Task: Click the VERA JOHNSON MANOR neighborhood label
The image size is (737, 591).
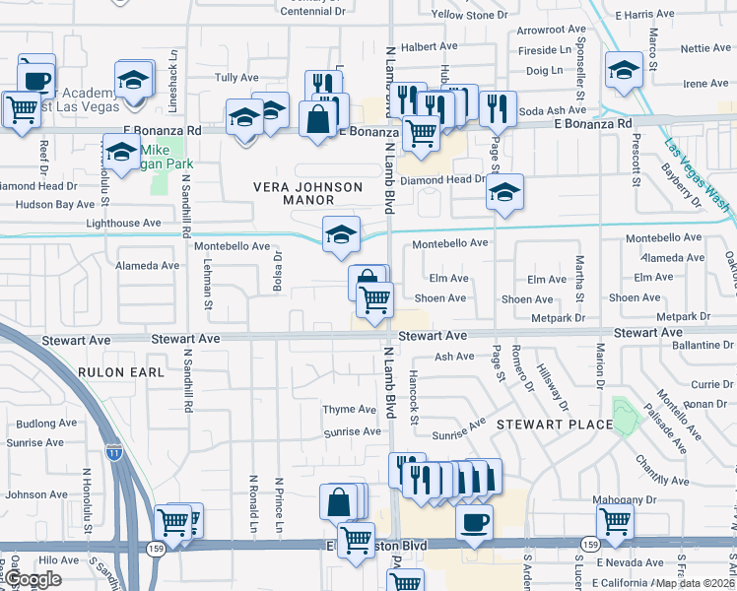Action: tap(308, 193)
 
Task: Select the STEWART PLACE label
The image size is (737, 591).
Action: tap(554, 425)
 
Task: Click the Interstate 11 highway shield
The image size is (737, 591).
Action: tap(114, 451)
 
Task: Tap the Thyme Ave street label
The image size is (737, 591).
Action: tap(350, 410)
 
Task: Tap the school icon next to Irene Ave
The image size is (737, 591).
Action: tap(623, 72)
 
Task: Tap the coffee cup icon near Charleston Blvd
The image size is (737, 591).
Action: tap(475, 521)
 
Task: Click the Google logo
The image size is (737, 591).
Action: tap(33, 580)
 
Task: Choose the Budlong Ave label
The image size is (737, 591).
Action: tap(45, 423)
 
